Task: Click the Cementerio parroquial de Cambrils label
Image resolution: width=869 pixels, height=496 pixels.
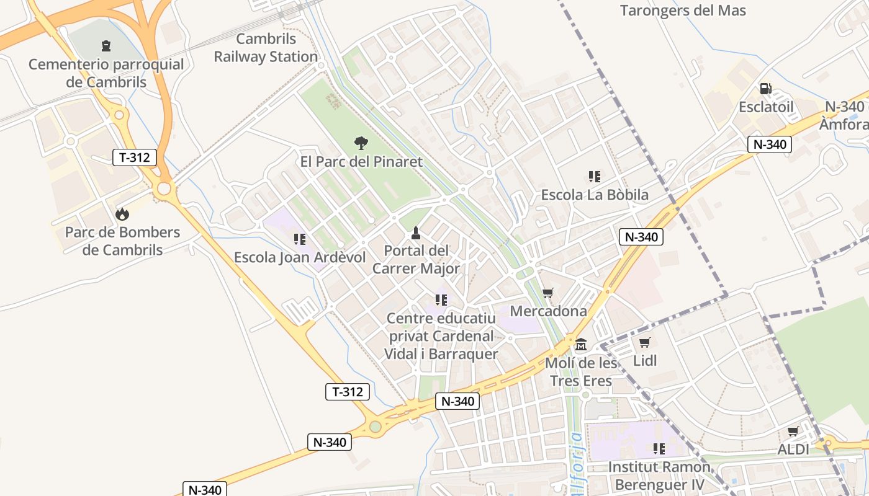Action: point(106,73)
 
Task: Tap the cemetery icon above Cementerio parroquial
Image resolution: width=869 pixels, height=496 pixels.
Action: point(106,46)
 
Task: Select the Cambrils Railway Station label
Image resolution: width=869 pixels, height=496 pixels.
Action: point(266,48)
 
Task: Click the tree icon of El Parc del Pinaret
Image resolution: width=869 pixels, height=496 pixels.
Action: point(361,143)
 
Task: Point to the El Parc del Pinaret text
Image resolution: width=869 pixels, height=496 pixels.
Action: point(361,162)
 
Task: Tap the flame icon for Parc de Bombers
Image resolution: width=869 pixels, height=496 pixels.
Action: point(122,215)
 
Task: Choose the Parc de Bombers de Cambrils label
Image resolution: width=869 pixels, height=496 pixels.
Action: point(123,241)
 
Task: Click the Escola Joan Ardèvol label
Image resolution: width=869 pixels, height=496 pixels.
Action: point(299,257)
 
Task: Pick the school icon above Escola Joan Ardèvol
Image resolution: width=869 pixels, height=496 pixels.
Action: point(300,239)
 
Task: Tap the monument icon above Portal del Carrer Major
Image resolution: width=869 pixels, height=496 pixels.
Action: point(416,233)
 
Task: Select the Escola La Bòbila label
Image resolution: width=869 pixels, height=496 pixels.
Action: point(595,195)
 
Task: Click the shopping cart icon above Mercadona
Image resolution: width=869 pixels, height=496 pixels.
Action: point(547,293)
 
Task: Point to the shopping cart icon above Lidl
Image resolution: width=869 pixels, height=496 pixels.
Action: point(645,342)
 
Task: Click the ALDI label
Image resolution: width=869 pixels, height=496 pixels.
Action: point(793,449)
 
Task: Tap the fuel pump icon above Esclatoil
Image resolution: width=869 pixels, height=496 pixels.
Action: point(766,89)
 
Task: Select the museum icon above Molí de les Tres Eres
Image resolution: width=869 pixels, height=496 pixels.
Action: point(581,344)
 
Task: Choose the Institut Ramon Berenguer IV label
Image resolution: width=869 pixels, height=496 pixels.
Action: point(659,476)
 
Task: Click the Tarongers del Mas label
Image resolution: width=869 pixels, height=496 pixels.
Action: point(683,11)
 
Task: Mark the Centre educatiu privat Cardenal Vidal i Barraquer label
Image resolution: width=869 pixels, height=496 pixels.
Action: point(441,336)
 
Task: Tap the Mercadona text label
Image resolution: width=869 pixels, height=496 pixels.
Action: point(548,311)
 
